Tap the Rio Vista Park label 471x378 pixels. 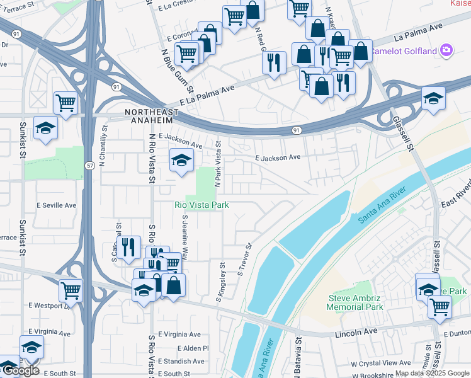(201, 205)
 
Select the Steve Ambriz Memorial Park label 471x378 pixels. (356, 302)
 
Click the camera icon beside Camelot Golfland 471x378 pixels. (446, 50)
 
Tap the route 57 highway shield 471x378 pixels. (90, 164)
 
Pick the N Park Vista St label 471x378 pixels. (218, 164)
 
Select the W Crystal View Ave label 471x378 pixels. (381, 363)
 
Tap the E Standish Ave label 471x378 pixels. (181, 362)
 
